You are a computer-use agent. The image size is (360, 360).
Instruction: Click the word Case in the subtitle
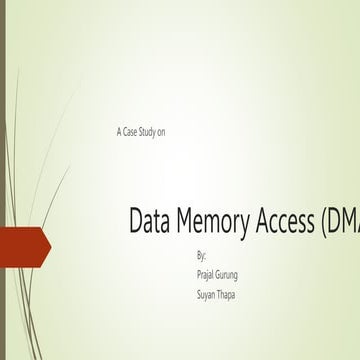[x=130, y=132]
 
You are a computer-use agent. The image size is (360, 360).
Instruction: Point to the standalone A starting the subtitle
[x=119, y=132]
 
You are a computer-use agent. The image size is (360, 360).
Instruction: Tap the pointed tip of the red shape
[x=49, y=245]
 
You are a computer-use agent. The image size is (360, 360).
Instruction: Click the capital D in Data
[x=136, y=222]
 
